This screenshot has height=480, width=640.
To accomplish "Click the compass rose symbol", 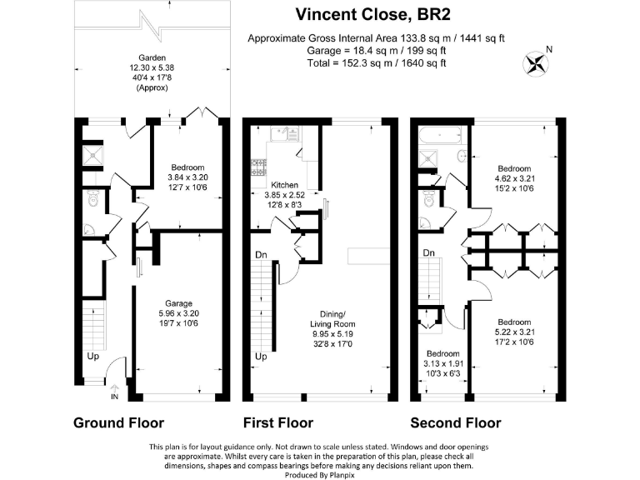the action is pyautogui.click(x=536, y=63).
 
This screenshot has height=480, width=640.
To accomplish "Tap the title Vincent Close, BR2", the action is pyautogui.click(x=372, y=15).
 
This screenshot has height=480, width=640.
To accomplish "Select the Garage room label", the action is pyautogui.click(x=178, y=303).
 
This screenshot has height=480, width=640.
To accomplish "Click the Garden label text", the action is pyautogui.click(x=152, y=58).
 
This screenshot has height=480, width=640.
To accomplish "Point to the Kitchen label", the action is pyautogui.click(x=284, y=185).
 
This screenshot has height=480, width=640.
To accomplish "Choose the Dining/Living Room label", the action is pyautogui.click(x=332, y=319).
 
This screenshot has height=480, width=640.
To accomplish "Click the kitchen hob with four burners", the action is pyautogui.click(x=258, y=167).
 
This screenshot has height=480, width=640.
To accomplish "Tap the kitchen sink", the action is pyautogui.click(x=285, y=133).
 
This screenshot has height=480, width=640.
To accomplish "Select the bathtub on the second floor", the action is pyautogui.click(x=440, y=135).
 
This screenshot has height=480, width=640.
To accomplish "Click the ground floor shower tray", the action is pyautogui.click(x=93, y=156).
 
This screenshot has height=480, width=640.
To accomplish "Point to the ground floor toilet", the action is pyautogui.click(x=93, y=199).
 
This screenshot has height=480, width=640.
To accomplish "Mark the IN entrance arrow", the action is pyautogui.click(x=114, y=392).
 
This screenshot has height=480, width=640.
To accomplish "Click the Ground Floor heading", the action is pyautogui.click(x=119, y=422).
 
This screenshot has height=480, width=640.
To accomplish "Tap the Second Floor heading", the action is pyautogui.click(x=456, y=422).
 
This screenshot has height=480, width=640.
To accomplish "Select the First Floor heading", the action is pyautogui.click(x=278, y=422).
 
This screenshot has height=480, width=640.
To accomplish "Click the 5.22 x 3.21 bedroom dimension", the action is pyautogui.click(x=514, y=332).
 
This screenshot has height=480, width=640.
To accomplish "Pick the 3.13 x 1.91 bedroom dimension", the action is pyautogui.click(x=443, y=363).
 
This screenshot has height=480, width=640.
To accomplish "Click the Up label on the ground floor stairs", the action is pyautogui.click(x=93, y=357).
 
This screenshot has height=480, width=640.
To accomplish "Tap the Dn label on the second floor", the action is pyautogui.click(x=428, y=253).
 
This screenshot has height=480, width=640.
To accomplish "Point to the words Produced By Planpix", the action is pyautogui.click(x=320, y=475).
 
